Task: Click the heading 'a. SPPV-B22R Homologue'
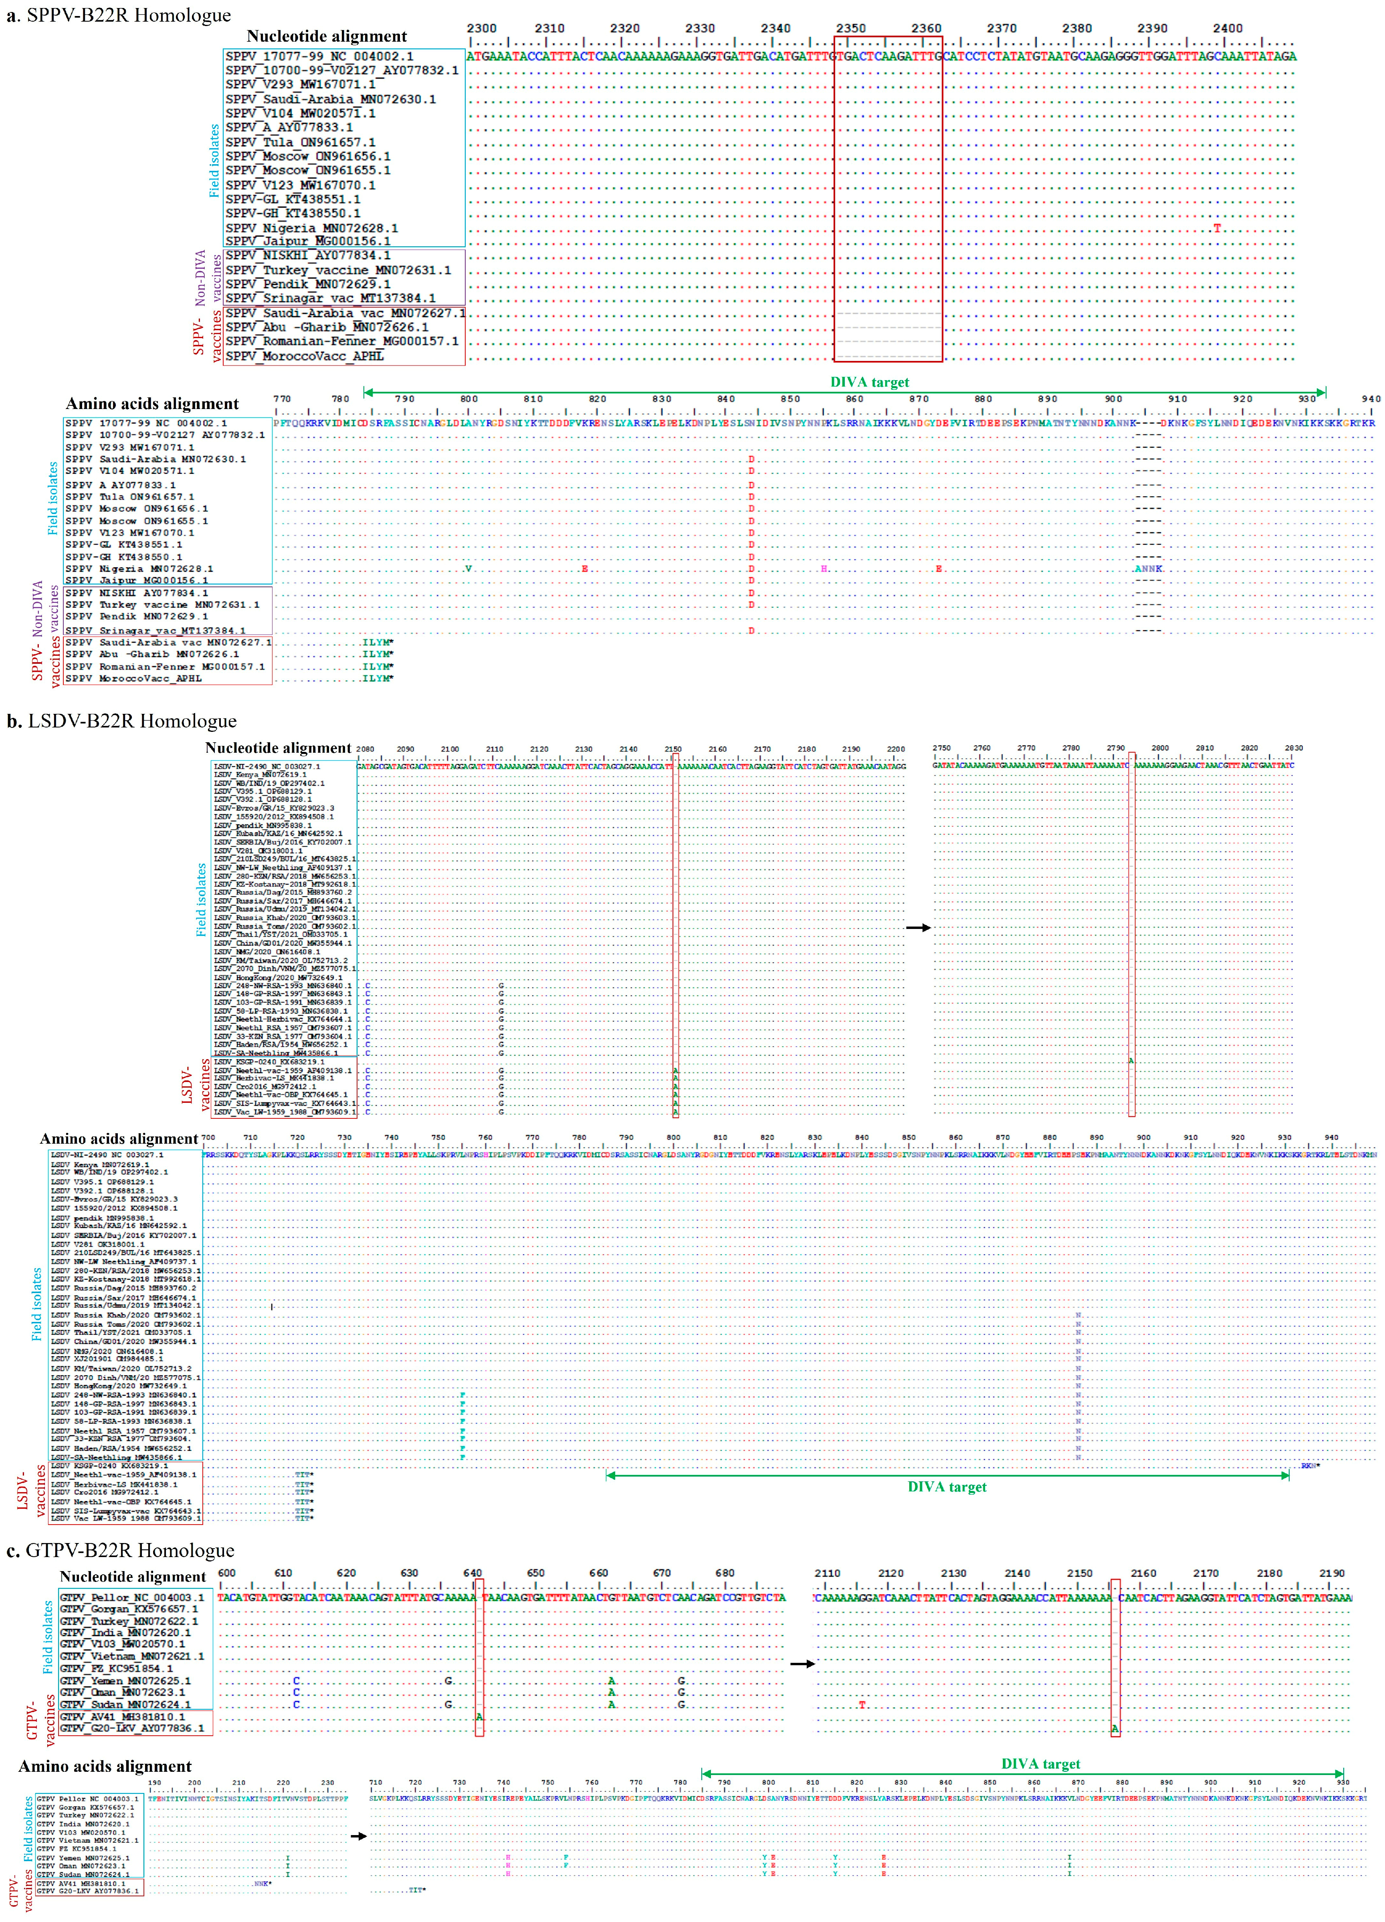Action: (x=119, y=15)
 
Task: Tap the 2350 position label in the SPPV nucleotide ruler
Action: (x=851, y=28)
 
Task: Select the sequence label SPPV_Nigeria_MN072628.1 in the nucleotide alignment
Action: (x=311, y=228)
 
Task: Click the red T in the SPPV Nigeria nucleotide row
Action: (x=1217, y=228)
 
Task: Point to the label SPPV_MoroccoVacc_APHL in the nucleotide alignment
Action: (x=304, y=356)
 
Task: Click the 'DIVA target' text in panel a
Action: (x=869, y=382)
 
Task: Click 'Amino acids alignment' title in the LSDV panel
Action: (x=119, y=1139)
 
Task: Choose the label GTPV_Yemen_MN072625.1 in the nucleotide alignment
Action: (x=125, y=1680)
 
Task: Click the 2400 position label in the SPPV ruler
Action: (x=1228, y=28)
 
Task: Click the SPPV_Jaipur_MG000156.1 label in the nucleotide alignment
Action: (x=308, y=242)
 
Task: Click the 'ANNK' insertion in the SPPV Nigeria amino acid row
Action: (x=1149, y=569)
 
